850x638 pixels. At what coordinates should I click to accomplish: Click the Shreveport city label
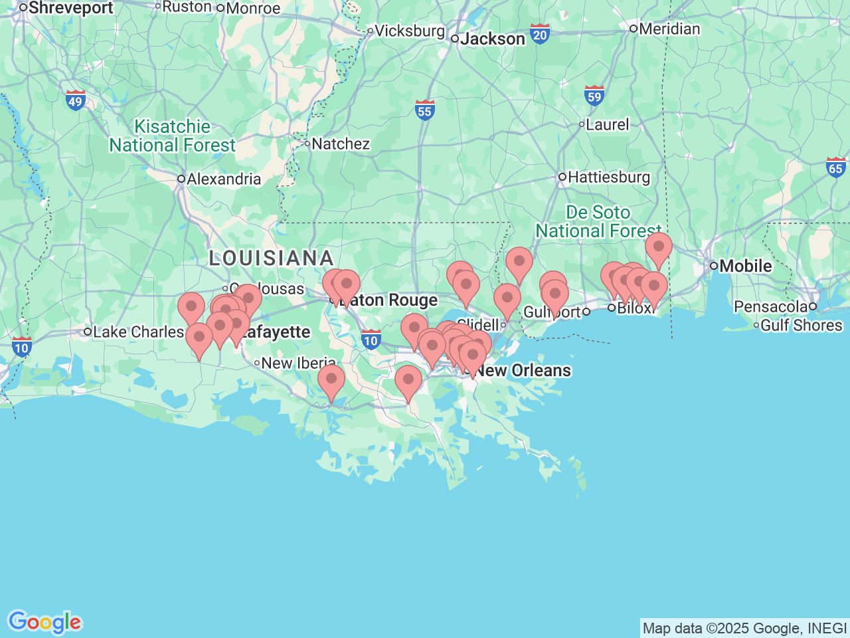coord(70,8)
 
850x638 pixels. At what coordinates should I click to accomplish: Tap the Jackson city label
coord(492,39)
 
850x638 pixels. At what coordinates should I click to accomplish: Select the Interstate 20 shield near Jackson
coord(540,34)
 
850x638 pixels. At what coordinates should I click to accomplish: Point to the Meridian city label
coord(669,29)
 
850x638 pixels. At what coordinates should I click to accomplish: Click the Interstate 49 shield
coord(76,100)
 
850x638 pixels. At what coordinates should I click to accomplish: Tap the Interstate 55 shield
coord(424,110)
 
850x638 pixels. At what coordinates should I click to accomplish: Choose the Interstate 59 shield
coord(594,96)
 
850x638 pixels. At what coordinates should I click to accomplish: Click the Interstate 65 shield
coord(836,167)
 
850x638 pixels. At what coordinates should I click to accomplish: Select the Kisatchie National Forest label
coord(172,136)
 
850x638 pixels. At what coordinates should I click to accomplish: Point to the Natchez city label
coord(340,144)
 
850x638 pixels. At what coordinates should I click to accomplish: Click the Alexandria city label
coord(223,179)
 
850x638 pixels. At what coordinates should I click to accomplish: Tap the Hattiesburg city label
coord(608,177)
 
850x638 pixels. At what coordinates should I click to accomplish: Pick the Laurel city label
coord(607,125)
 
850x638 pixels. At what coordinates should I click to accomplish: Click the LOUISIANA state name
coord(271,259)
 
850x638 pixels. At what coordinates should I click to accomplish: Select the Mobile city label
coord(745,266)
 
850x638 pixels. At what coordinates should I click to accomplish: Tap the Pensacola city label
coord(770,307)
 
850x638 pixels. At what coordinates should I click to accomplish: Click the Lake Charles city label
coord(137,332)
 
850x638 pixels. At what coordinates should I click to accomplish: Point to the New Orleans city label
coord(523,371)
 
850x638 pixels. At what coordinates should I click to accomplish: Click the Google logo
coord(44,623)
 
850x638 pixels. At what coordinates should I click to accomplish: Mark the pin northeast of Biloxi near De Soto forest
coord(658,248)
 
